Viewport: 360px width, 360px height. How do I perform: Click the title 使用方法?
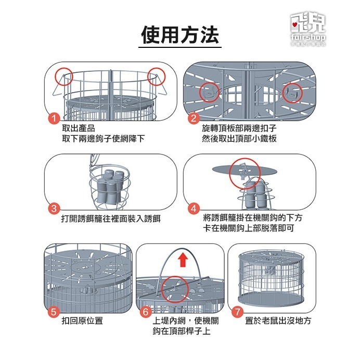tap(180, 35)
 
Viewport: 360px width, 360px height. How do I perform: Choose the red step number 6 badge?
tap(146, 312)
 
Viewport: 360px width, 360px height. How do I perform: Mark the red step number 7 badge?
tap(237, 312)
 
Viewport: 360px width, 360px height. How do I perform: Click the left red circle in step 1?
tap(65, 75)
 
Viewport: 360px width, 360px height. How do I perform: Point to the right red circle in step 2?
tap(292, 92)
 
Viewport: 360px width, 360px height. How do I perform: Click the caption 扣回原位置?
tap(82, 321)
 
